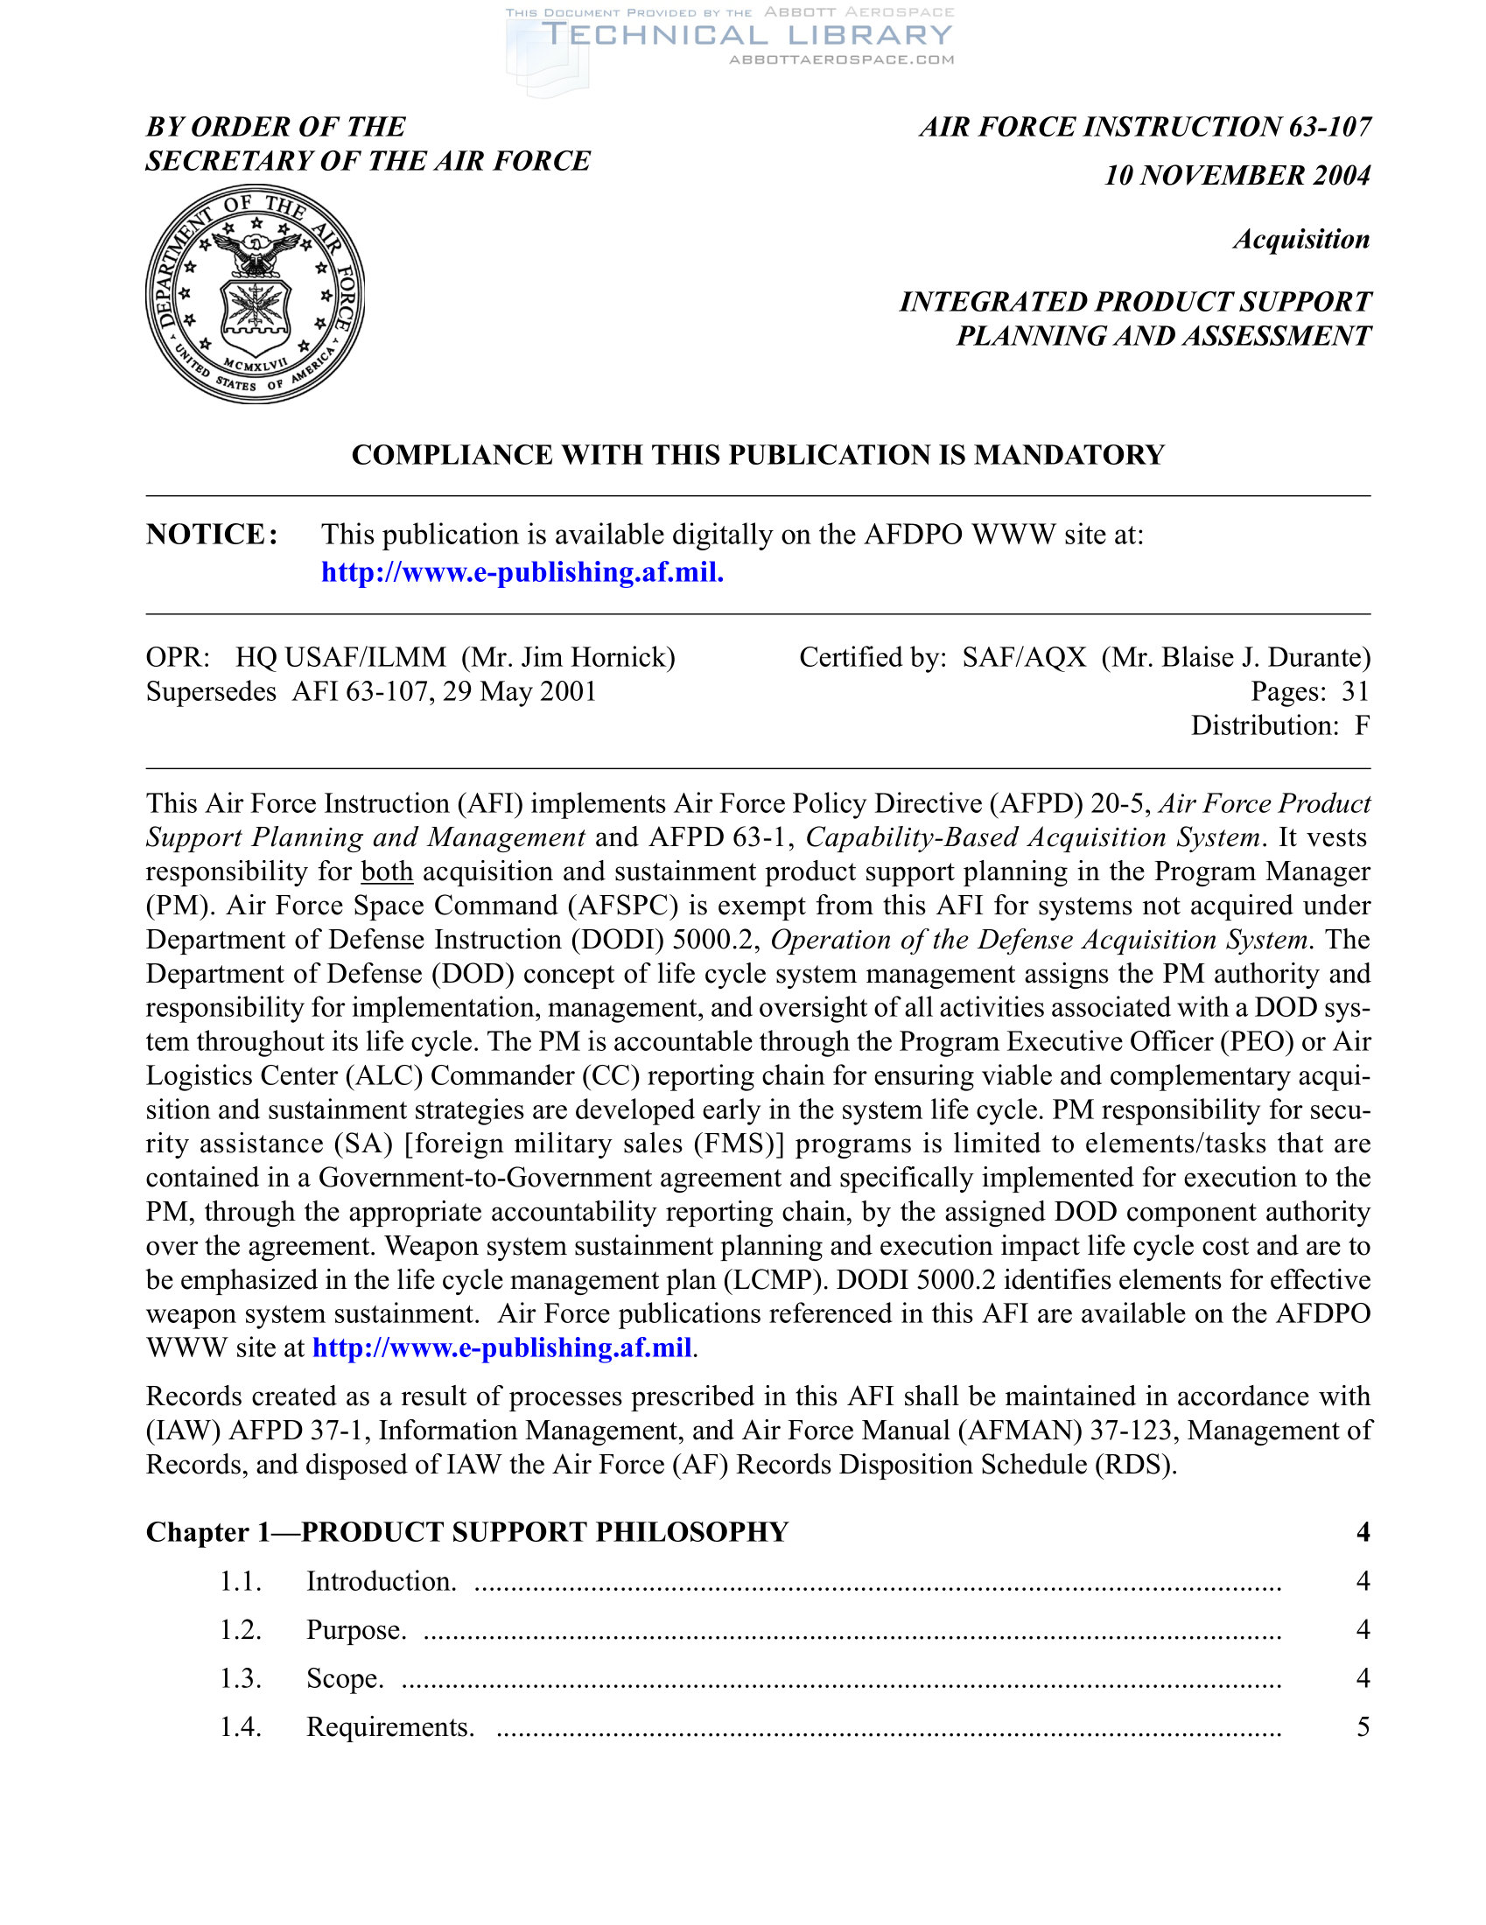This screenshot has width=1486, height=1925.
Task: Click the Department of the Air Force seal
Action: [255, 293]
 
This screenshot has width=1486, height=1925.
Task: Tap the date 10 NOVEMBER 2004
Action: [1237, 175]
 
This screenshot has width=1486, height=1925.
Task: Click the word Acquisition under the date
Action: [1301, 240]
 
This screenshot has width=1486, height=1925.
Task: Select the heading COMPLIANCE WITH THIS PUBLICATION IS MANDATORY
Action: [758, 455]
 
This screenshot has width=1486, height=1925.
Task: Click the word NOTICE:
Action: [213, 535]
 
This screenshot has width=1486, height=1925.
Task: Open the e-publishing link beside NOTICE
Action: [522, 573]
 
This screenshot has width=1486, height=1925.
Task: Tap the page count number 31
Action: [1355, 692]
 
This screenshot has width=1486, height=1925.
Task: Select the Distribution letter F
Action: [1362, 725]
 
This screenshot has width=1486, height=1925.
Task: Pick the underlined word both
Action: [387, 871]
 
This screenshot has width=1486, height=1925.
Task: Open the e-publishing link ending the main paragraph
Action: [501, 1348]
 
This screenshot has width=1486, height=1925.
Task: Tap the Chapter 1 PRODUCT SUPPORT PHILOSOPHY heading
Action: [467, 1533]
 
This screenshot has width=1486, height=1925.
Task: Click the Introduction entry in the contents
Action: [381, 1582]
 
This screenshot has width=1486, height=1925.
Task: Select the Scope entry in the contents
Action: [345, 1679]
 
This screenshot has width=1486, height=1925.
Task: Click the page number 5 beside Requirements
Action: [1363, 1727]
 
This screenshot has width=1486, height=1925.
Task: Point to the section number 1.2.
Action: [241, 1631]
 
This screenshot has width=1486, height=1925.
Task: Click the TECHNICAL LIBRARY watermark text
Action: [747, 35]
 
